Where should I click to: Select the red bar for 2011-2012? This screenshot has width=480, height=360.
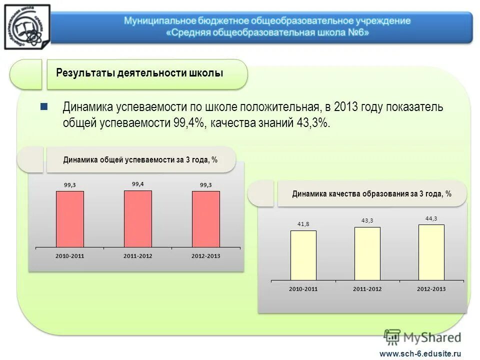pyautogui.click(x=137, y=219)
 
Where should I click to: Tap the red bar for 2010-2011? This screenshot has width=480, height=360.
pyautogui.click(x=69, y=219)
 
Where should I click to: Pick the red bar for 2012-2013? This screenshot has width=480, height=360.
pyautogui.click(x=205, y=219)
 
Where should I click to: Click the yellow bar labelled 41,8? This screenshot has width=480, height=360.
pyautogui.click(x=303, y=255)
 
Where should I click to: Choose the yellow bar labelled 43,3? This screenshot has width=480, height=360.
pyautogui.click(x=367, y=253)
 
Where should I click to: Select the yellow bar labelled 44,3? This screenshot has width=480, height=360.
pyautogui.click(x=431, y=252)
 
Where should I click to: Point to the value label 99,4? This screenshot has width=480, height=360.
pyautogui.click(x=137, y=184)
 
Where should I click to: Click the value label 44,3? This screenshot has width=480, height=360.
pyautogui.click(x=431, y=218)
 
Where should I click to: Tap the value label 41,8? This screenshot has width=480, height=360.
pyautogui.click(x=303, y=224)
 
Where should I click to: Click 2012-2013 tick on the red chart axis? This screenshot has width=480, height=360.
pyautogui.click(x=205, y=256)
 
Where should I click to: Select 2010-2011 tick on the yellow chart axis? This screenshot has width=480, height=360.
pyautogui.click(x=303, y=289)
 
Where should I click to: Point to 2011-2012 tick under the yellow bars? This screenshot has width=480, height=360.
pyautogui.click(x=367, y=289)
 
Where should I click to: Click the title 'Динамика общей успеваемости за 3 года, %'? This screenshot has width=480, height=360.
pyautogui.click(x=140, y=160)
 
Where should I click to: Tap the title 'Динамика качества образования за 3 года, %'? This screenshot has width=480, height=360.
pyautogui.click(x=371, y=194)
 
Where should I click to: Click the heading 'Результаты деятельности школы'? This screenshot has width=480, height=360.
pyautogui.click(x=139, y=73)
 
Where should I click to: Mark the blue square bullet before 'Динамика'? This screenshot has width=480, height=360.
pyautogui.click(x=43, y=106)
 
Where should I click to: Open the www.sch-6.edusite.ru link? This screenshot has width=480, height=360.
pyautogui.click(x=420, y=353)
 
